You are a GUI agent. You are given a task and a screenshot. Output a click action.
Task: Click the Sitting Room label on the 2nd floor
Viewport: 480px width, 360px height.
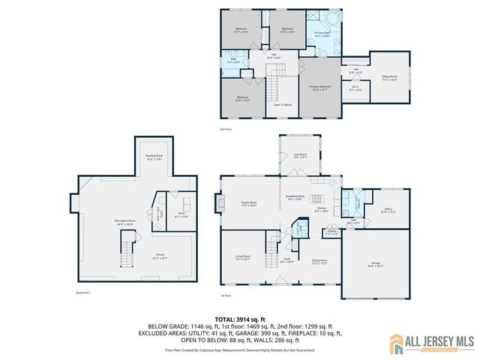point(388,77)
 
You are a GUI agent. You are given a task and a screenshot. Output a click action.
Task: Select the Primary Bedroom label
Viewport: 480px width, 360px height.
point(320,87)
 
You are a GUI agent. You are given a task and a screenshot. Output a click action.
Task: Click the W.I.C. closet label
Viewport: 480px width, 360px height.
point(354,88)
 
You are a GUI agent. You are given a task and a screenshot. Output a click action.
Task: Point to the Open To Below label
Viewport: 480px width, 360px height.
point(283,104)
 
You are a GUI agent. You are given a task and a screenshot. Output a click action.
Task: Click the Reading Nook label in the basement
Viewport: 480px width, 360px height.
point(154,158)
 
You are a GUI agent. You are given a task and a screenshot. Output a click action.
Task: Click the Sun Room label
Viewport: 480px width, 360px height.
point(300,156)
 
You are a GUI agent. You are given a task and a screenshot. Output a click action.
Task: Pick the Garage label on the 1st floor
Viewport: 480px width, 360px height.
point(375,264)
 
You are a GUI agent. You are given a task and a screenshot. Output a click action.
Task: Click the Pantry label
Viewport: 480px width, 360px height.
point(331,232)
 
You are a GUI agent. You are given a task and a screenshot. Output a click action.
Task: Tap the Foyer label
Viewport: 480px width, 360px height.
point(286,260)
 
